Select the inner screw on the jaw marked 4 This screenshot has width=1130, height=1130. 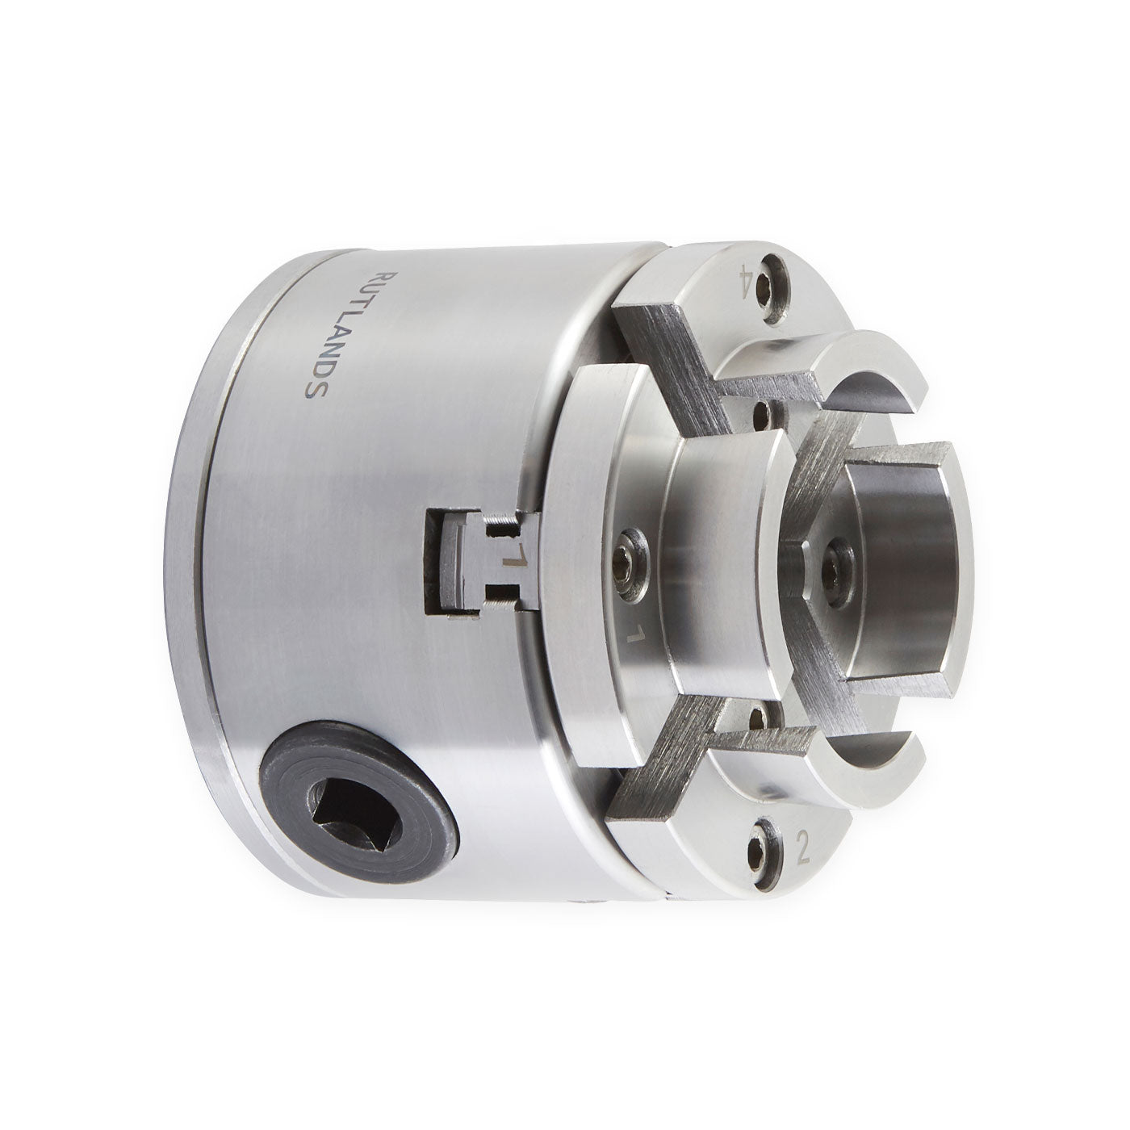pyautogui.click(x=760, y=413)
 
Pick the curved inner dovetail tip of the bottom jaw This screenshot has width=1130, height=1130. pyautogui.click(x=880, y=743)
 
